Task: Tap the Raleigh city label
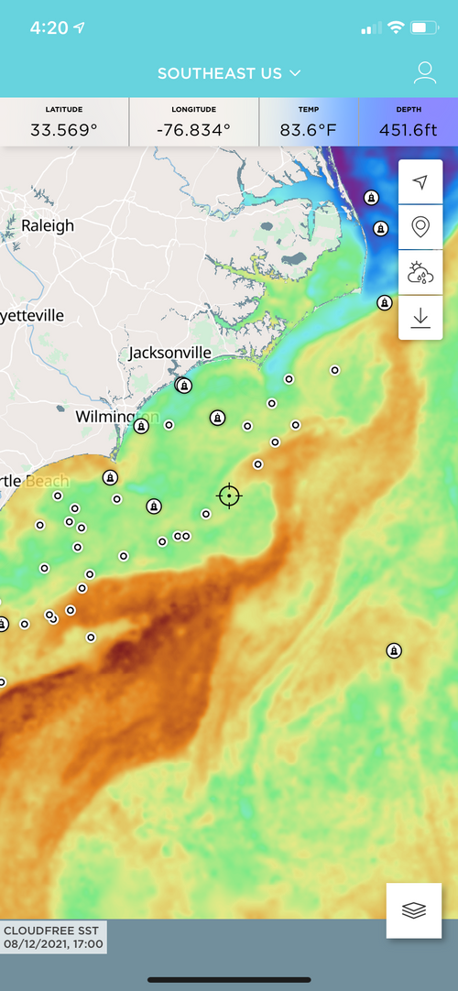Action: click(48, 225)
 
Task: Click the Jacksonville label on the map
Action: click(170, 353)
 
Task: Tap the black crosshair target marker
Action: click(229, 495)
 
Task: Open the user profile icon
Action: click(423, 73)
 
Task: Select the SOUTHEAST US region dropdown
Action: click(229, 73)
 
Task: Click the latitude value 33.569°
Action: click(63, 129)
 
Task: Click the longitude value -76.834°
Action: click(193, 129)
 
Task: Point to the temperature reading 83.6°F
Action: click(309, 129)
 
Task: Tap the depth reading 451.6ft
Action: click(409, 129)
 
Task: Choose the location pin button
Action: click(420, 226)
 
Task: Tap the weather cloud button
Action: click(420, 272)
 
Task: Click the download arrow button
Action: click(420, 318)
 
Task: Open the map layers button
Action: click(414, 910)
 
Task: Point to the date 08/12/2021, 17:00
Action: click(53, 944)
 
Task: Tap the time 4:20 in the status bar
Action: click(49, 27)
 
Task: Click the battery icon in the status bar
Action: click(425, 28)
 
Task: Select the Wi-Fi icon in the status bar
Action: click(396, 27)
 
